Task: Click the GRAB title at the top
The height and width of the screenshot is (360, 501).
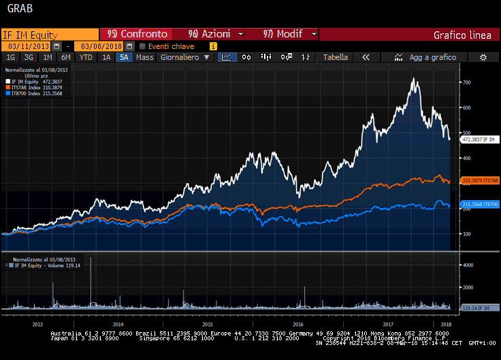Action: pos(19,9)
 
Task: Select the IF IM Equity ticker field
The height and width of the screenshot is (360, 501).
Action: pos(49,34)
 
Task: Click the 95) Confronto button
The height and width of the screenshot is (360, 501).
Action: pos(137,34)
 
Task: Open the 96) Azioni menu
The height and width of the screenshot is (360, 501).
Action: pos(209,34)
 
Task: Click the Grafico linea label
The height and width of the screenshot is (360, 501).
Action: pos(462,35)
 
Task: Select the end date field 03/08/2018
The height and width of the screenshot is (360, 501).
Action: pos(101,46)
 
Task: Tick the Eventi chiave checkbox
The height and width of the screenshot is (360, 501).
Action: pos(142,46)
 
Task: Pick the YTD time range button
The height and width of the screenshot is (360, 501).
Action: pos(86,58)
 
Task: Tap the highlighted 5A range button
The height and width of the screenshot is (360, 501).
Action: pos(124,58)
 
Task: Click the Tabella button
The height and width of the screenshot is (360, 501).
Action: pos(335,58)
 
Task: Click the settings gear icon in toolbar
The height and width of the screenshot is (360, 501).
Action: pos(483,58)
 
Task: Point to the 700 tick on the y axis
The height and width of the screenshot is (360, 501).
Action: pos(466,82)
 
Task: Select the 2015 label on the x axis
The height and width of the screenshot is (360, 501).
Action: pos(208,325)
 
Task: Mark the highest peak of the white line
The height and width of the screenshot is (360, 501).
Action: pos(414,79)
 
